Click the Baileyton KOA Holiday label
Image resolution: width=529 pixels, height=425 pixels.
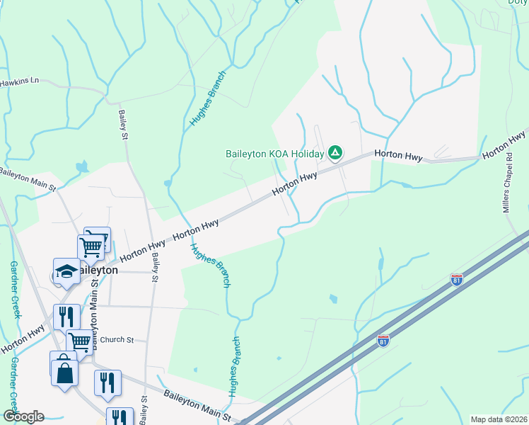(274, 153)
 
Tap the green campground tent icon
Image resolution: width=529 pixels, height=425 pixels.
(336, 152)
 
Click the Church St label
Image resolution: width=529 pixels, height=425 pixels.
(117, 340)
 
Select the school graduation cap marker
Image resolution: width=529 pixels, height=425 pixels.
(66, 272)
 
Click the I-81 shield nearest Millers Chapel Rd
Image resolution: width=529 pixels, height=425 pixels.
(457, 280)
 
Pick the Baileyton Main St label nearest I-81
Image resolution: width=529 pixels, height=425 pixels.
(197, 405)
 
